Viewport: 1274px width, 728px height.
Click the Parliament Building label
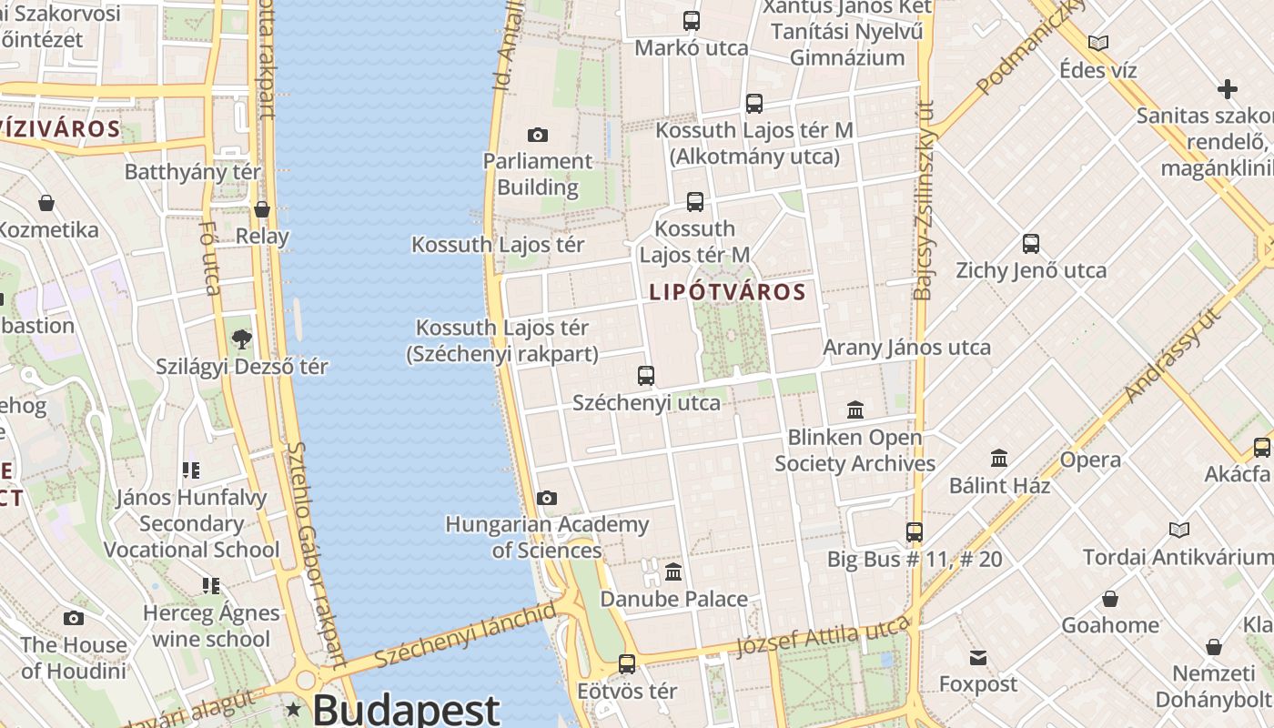[538, 175]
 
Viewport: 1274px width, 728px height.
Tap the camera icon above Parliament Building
[538, 136]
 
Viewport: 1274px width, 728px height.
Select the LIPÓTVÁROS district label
[728, 292]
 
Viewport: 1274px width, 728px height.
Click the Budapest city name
[406, 709]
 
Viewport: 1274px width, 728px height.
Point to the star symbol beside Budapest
[294, 709]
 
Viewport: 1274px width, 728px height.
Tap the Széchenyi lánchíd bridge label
[464, 635]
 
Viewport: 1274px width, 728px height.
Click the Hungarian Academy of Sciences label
[547, 537]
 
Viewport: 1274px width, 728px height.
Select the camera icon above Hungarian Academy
[546, 498]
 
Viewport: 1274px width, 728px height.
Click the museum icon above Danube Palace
[673, 571]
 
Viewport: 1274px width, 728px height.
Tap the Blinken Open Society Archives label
[854, 450]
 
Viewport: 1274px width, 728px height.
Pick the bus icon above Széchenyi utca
[646, 375]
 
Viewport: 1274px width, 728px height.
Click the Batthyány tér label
[193, 172]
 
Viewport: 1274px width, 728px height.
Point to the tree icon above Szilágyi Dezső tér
[242, 339]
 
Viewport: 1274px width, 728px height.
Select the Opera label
[1090, 460]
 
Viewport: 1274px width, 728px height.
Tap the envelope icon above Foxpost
[978, 658]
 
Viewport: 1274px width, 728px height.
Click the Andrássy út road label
[1171, 356]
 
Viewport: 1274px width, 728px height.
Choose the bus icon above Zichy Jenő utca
[1031, 244]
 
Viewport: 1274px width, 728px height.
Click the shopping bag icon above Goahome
[1110, 599]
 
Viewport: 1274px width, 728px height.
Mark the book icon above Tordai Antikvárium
[1179, 530]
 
